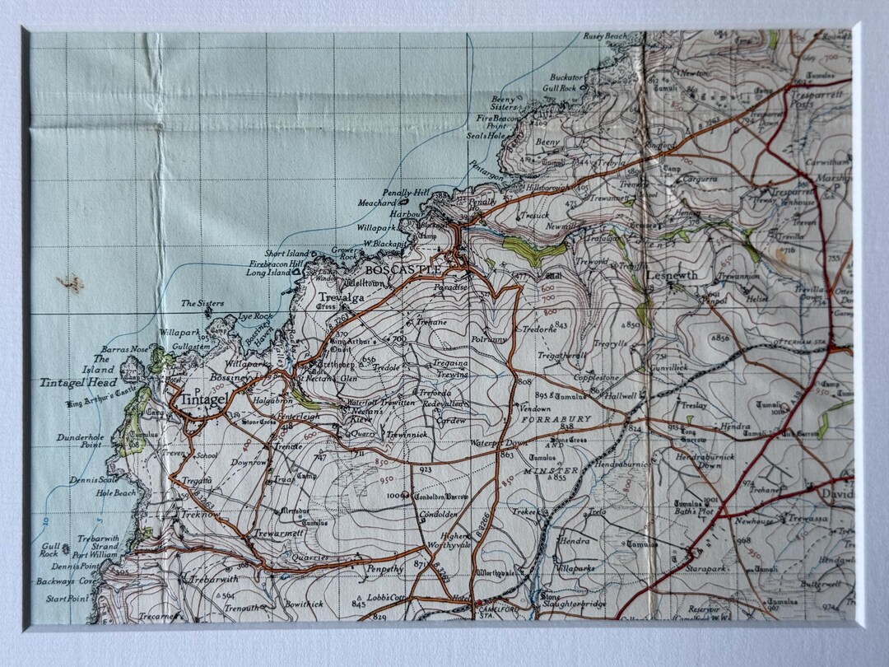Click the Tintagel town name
(x=203, y=399)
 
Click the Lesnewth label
(x=672, y=275)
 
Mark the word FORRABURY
(x=556, y=419)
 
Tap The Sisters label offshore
(x=202, y=304)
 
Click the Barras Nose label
(x=125, y=349)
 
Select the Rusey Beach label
(x=605, y=36)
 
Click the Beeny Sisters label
(x=505, y=102)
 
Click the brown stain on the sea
(x=71, y=283)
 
